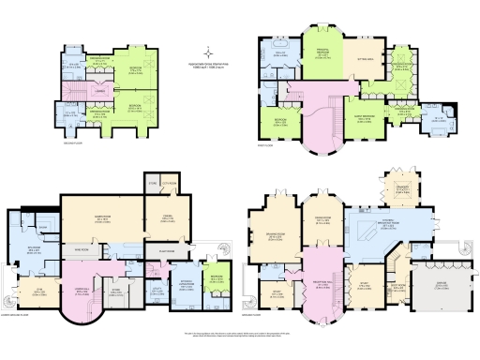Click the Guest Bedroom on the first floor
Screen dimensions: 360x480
click(x=364, y=116)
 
